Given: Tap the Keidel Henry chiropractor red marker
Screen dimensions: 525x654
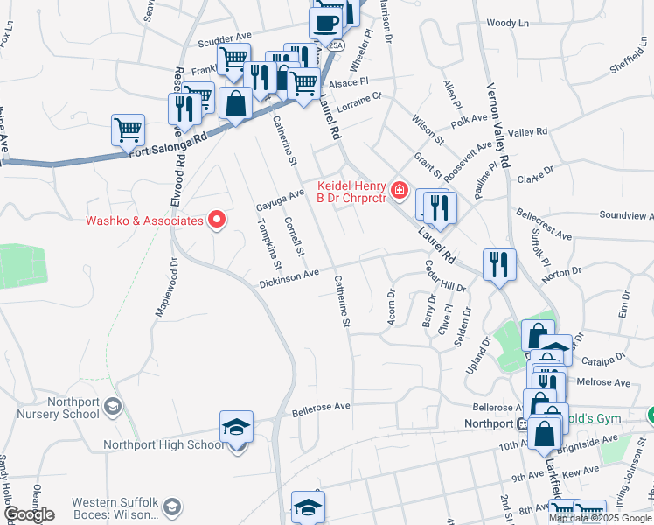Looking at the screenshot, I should click(x=400, y=189).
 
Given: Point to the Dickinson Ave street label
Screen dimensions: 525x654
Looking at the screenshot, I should click(x=289, y=279).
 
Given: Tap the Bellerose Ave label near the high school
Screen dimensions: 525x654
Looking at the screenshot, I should click(x=321, y=408).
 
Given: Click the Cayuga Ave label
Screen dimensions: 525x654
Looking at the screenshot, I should click(x=279, y=199).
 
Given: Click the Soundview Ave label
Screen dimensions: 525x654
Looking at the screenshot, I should click(x=627, y=215).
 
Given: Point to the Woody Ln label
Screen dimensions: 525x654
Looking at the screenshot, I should click(x=508, y=23).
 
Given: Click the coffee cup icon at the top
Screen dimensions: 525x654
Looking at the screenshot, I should click(x=326, y=22).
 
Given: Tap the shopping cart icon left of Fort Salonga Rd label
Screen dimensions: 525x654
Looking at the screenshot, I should click(x=128, y=129).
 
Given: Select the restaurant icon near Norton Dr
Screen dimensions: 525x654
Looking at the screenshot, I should click(x=499, y=263).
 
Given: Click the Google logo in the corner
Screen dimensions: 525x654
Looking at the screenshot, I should click(x=29, y=514).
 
